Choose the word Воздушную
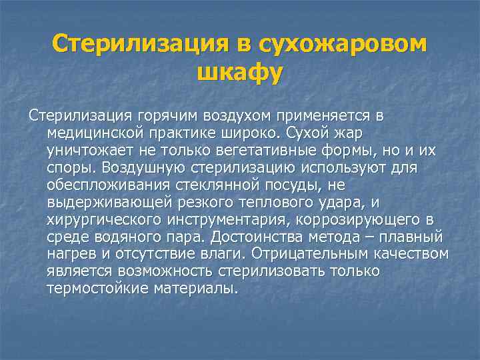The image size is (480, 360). point(145,167)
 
